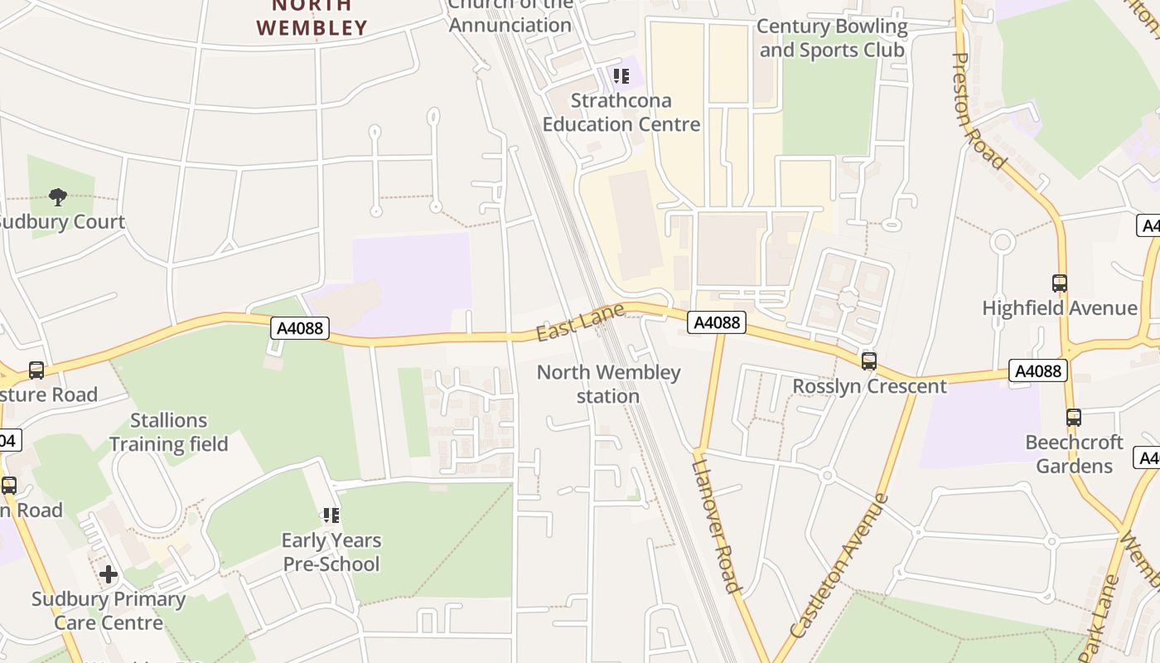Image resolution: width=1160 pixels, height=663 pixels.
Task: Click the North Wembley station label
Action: click(x=608, y=384)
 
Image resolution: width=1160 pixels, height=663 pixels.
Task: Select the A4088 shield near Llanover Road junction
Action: click(x=716, y=322)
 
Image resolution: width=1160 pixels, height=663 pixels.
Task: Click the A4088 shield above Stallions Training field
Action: click(x=300, y=329)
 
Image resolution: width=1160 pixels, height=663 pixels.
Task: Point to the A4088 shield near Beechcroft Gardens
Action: click(x=1037, y=370)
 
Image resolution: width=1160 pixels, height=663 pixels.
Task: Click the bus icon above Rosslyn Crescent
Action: click(x=868, y=361)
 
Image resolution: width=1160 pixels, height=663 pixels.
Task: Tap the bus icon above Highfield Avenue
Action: click(x=1059, y=283)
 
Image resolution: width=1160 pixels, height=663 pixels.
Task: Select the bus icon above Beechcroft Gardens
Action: click(x=1074, y=418)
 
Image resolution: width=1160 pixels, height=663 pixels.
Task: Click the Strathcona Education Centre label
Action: click(x=621, y=113)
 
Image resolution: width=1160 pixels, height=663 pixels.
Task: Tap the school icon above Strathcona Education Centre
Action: click(x=621, y=77)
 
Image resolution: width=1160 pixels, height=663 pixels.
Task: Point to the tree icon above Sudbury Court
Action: click(x=58, y=197)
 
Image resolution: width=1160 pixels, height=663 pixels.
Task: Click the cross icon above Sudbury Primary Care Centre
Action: click(x=109, y=574)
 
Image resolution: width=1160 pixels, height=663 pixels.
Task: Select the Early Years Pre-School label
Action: click(x=331, y=552)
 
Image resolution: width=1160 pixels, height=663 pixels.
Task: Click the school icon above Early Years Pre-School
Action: click(x=331, y=515)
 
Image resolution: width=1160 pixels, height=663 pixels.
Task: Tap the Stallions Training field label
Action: click(x=169, y=432)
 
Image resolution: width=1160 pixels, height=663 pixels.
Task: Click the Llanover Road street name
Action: click(x=714, y=524)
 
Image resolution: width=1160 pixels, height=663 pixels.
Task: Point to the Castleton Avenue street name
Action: click(x=839, y=566)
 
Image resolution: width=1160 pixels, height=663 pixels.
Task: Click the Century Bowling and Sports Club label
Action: click(x=833, y=38)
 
